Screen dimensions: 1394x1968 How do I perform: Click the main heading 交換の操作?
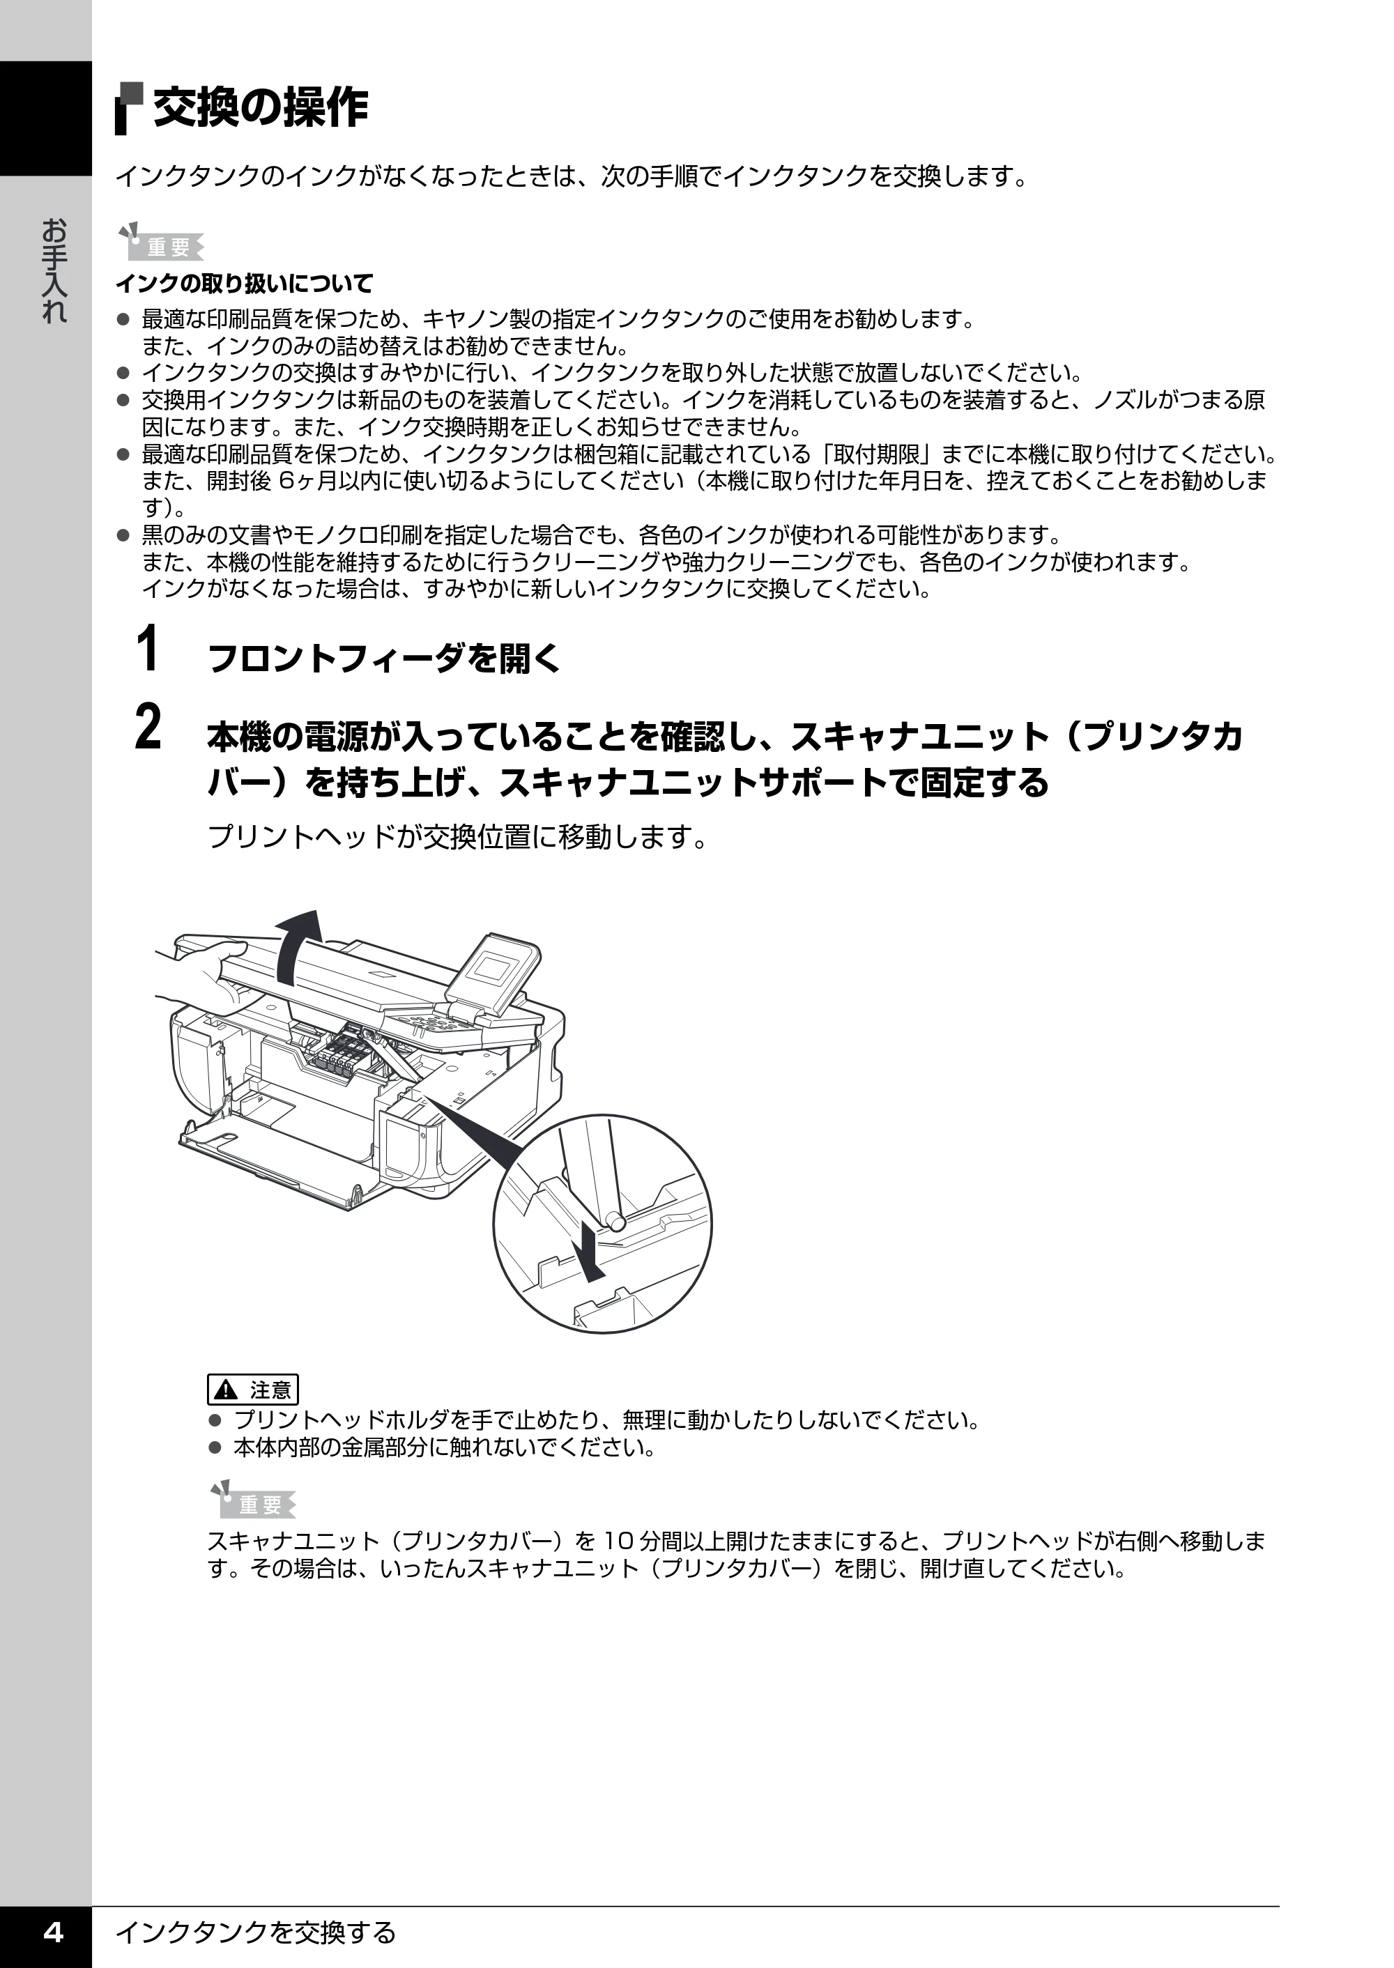point(261,108)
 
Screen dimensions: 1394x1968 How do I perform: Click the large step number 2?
point(148,727)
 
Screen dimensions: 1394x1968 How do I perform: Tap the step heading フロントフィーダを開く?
point(383,659)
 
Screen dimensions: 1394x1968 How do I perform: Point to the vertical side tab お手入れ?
point(53,270)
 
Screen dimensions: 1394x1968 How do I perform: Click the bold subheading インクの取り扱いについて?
point(245,282)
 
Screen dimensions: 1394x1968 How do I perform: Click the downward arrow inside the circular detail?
point(589,1252)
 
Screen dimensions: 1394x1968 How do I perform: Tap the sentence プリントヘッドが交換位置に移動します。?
point(459,836)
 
